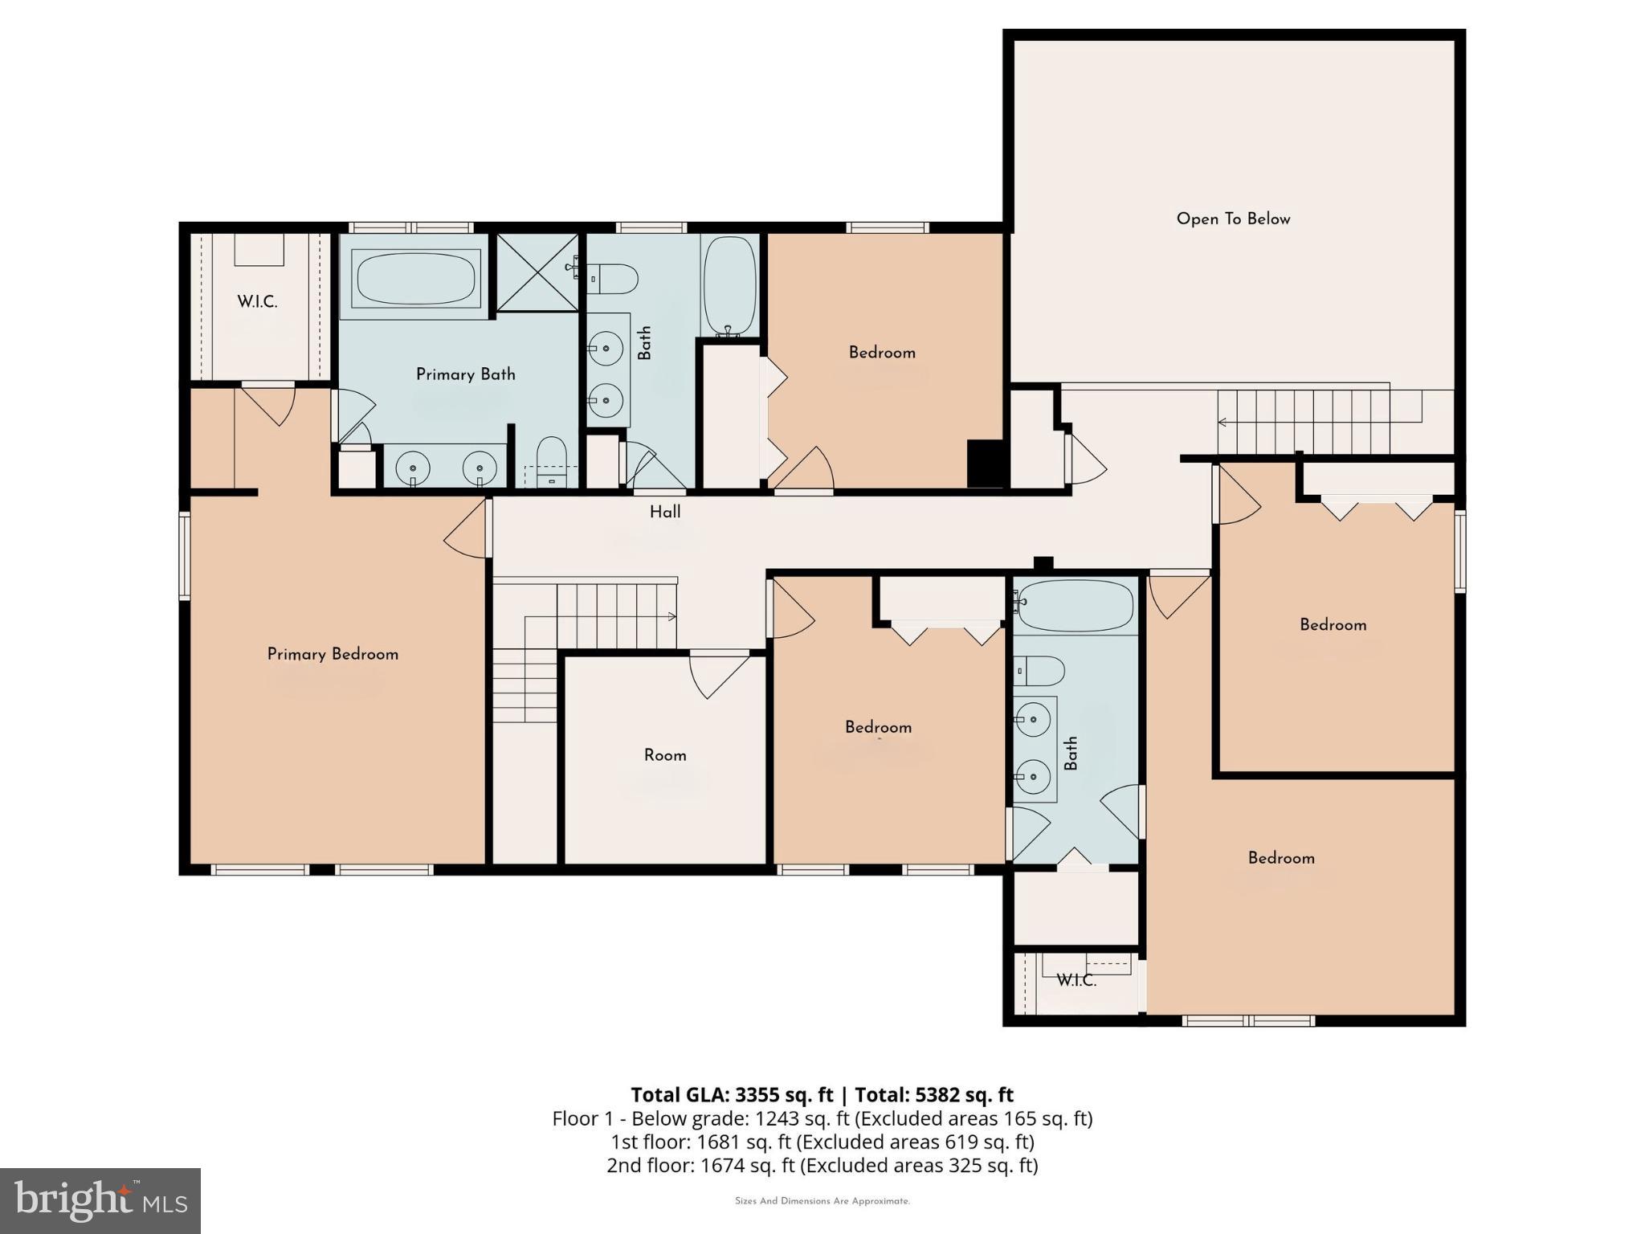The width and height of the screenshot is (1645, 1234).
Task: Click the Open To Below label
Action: pos(1233,219)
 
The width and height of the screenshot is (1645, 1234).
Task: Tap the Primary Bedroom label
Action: pos(333,654)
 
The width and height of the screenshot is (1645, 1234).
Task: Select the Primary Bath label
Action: pos(465,374)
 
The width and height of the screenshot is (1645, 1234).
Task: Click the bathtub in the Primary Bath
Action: pos(415,278)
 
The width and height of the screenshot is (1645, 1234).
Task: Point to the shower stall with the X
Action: pos(537,272)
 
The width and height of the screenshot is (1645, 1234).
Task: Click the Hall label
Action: pos(665,512)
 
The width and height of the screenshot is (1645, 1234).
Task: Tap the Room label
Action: pos(665,755)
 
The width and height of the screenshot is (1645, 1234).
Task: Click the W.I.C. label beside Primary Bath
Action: pos(257,302)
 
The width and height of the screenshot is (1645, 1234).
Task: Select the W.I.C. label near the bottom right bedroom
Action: pos(1076,980)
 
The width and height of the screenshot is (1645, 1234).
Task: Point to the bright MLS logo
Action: pos(100,1201)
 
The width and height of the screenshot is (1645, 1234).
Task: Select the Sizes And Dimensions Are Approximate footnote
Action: pos(822,1201)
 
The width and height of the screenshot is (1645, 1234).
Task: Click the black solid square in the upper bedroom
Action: pos(986,464)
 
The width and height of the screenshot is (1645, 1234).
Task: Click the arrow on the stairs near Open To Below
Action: pos(1223,422)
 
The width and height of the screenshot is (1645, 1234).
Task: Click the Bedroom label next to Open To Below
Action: pos(882,353)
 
